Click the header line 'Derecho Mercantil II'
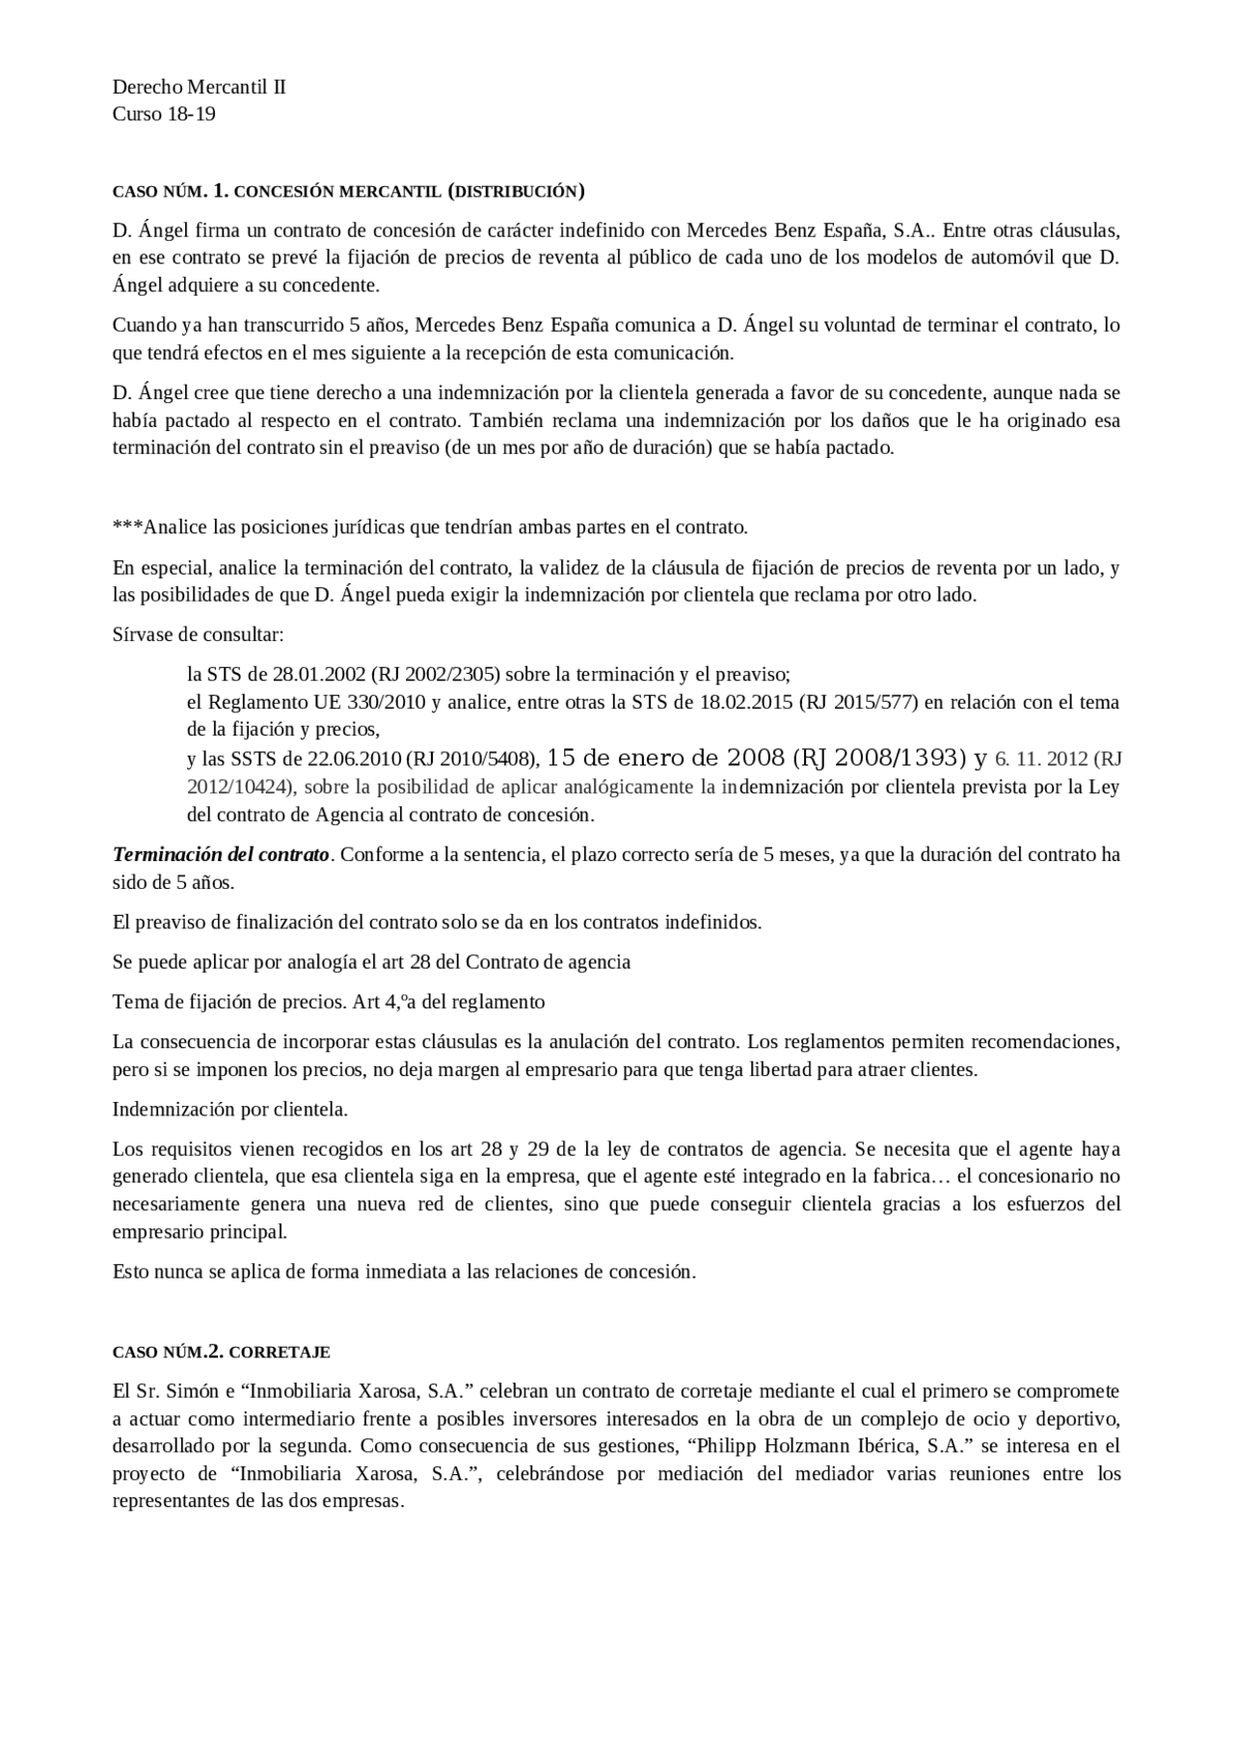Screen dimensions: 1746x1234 click(x=200, y=87)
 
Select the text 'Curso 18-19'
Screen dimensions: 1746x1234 click(x=164, y=114)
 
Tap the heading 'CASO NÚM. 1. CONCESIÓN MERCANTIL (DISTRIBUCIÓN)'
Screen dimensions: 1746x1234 click(x=348, y=191)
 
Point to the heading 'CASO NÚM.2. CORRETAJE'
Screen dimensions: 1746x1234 click(x=222, y=1352)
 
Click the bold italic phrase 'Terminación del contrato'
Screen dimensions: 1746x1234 click(x=222, y=854)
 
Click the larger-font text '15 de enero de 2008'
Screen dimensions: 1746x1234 click(x=665, y=758)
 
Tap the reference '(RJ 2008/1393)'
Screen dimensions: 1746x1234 click(x=879, y=758)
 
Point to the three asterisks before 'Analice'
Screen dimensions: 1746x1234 click(x=127, y=527)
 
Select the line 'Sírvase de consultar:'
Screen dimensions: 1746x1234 click(x=198, y=634)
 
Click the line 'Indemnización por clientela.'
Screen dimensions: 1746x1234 click(x=230, y=1109)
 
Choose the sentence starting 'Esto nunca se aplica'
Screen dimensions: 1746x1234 click(x=404, y=1271)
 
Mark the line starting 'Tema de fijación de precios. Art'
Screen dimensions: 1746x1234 click(x=329, y=1002)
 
